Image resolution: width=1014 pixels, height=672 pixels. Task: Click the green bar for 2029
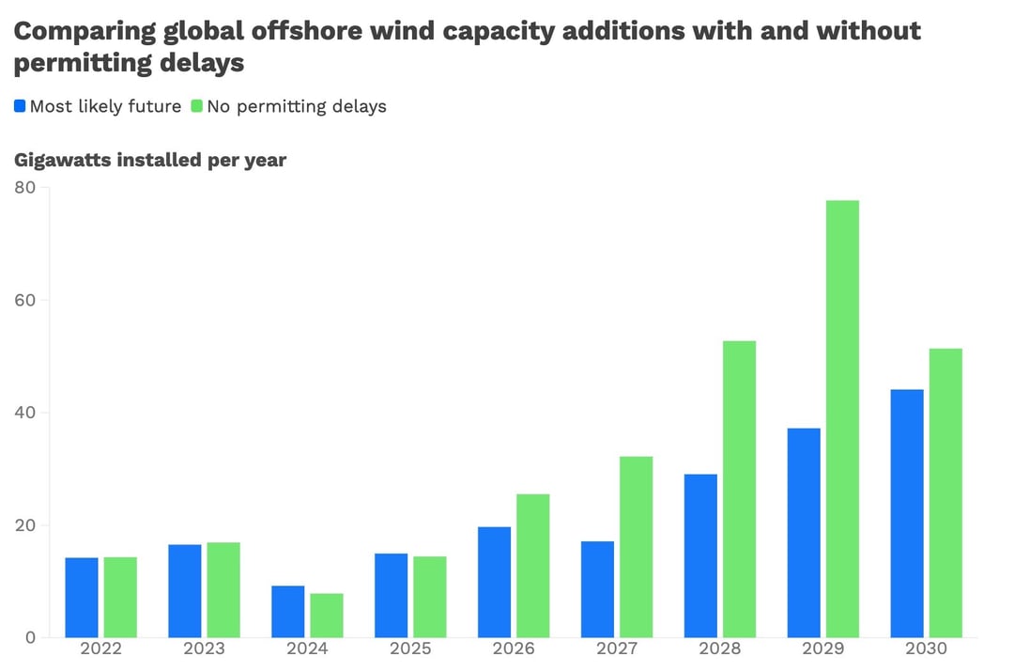point(842,418)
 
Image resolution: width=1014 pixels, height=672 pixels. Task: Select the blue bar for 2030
point(907,513)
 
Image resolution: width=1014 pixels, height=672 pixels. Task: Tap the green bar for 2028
point(739,489)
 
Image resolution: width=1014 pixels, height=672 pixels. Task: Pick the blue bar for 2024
point(288,612)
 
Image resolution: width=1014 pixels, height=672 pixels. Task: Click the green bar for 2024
point(327,616)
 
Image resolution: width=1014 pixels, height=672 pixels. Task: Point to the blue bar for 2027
point(597,589)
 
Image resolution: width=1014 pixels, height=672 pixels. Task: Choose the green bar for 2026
point(532,566)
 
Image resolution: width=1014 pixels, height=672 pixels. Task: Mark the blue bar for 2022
point(82,598)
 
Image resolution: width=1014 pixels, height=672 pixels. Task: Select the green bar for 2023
point(223,589)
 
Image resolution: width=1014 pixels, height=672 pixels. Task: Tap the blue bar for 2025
point(392,595)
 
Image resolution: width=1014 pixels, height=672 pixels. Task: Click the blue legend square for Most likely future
point(20,106)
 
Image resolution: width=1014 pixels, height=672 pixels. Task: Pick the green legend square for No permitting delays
point(197,106)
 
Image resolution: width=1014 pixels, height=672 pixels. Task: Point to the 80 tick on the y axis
point(25,188)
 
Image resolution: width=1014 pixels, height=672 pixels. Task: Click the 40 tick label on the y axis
point(25,413)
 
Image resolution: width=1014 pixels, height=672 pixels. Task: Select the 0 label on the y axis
point(31,637)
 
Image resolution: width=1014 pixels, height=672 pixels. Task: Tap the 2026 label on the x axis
point(514,649)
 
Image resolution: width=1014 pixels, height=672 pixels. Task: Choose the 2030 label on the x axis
point(926,649)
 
